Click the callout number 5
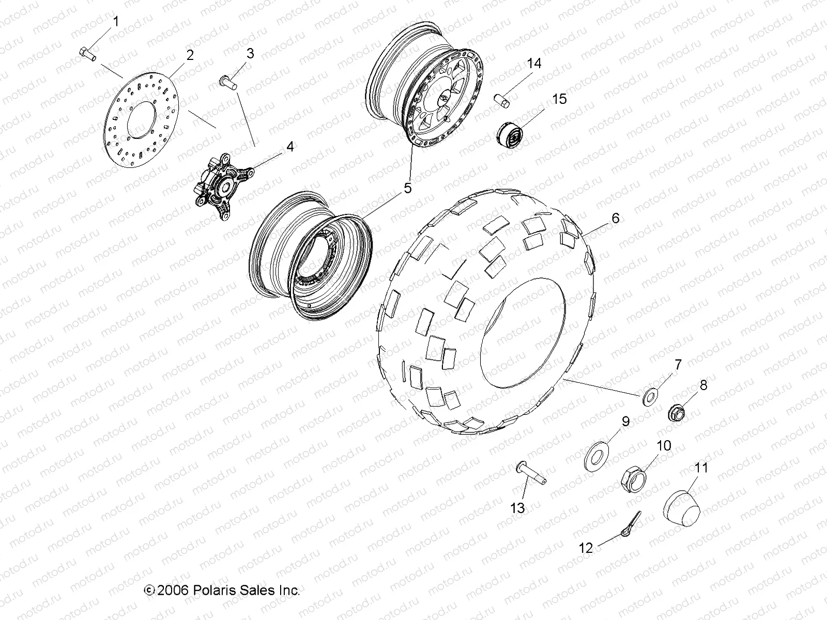(408, 188)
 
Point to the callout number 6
(615, 218)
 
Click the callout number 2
(190, 55)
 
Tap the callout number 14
(534, 64)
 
